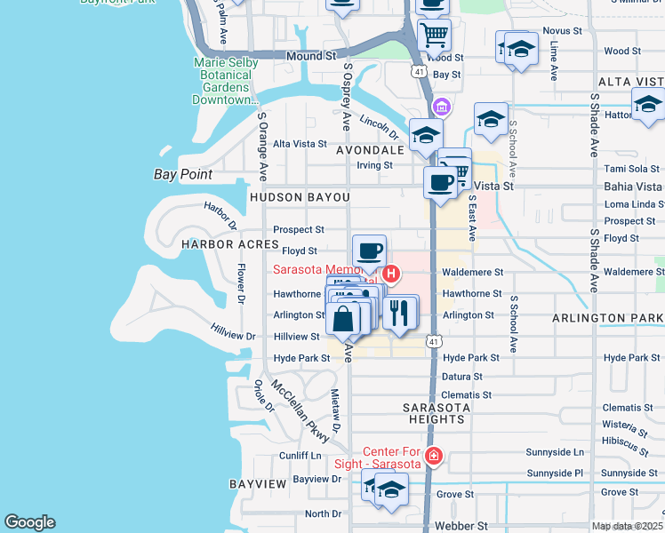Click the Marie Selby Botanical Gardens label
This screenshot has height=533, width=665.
(x=226, y=81)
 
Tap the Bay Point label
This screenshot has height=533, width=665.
(x=183, y=175)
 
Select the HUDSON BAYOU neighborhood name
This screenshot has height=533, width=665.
(x=300, y=196)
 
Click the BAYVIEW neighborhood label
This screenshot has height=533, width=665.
(x=257, y=484)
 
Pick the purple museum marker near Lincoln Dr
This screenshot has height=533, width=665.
(x=442, y=107)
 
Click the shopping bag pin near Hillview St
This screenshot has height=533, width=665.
(x=342, y=321)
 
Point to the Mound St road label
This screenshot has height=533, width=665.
(x=310, y=55)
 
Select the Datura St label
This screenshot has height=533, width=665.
(x=461, y=376)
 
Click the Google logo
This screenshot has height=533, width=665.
(x=29, y=522)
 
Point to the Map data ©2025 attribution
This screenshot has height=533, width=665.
(x=627, y=526)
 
